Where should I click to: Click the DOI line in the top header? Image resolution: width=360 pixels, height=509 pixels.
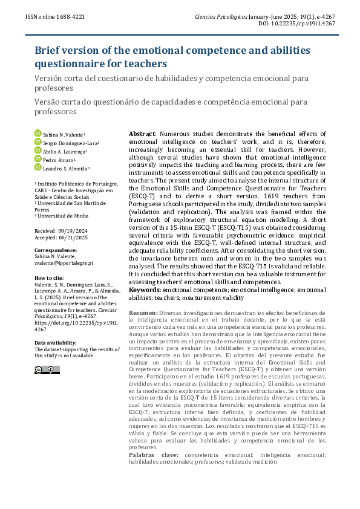tap(301, 24)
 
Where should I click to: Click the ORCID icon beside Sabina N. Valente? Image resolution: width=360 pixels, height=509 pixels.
tap(38, 133)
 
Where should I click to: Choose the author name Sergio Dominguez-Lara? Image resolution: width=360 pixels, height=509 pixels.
tap(71, 142)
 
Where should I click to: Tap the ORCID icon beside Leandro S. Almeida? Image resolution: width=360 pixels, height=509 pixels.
tap(38, 168)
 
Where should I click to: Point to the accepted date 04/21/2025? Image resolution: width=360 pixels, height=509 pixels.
tap(71, 237)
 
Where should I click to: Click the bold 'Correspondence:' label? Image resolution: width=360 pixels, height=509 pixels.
tap(55, 250)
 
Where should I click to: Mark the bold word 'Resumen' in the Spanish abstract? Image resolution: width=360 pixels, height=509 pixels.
tap(143, 313)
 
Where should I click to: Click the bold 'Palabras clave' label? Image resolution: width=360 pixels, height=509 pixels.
tap(156, 454)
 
